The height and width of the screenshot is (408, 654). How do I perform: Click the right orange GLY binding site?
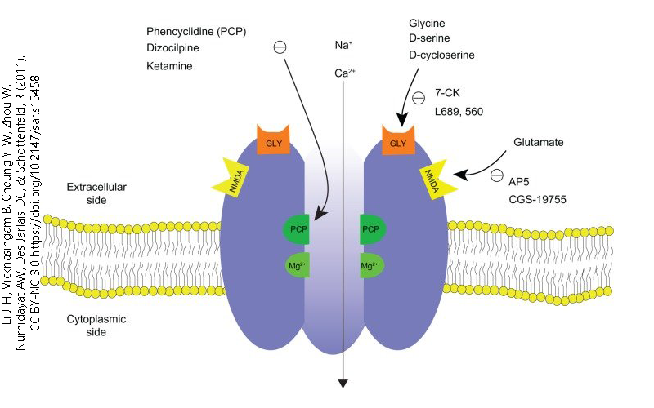click(398, 140)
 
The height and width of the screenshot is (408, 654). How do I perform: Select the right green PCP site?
click(373, 229)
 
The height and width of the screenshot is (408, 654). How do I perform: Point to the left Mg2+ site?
click(298, 266)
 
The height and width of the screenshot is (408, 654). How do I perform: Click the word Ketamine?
click(169, 65)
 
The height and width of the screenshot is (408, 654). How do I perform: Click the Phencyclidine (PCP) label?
click(196, 31)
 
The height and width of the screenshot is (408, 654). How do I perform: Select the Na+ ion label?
click(343, 47)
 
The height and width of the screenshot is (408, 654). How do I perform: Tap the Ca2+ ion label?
click(344, 73)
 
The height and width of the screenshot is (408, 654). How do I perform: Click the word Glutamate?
click(538, 142)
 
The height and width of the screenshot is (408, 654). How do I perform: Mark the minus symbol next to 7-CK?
click(419, 99)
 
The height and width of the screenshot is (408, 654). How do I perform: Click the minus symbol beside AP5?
click(497, 175)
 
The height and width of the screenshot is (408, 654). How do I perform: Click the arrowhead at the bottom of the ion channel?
click(343, 384)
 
